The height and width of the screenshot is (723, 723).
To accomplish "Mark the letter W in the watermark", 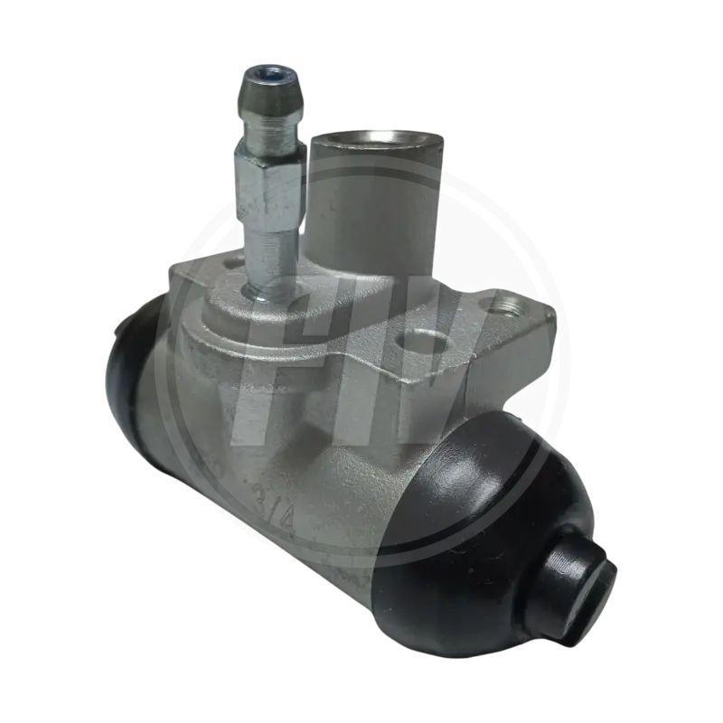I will coord(452,361).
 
